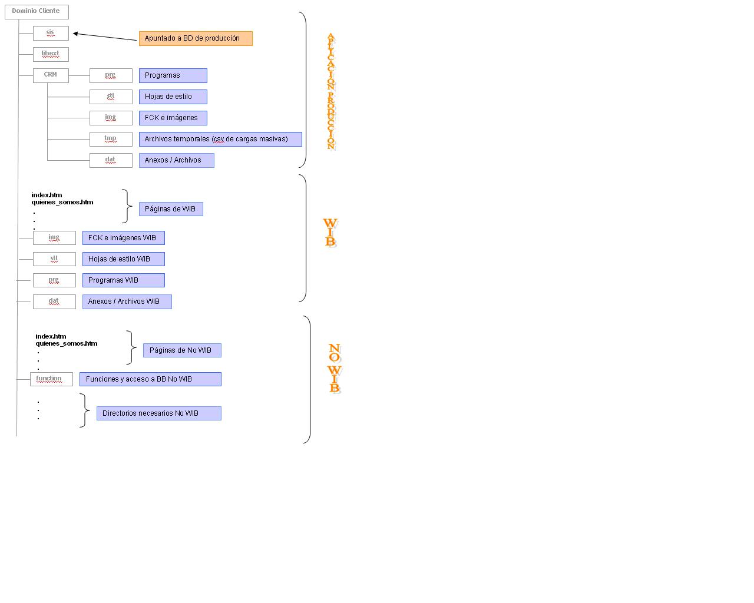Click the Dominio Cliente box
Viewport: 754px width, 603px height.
pos(37,12)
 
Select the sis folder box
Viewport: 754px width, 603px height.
pos(51,34)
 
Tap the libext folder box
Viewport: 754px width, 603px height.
pos(51,54)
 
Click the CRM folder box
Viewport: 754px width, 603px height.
pos(51,75)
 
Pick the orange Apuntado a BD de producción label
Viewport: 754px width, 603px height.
pos(196,38)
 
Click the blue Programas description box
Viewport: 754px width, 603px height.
pos(173,76)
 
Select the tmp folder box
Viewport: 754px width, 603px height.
pos(111,139)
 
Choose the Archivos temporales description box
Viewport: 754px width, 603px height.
pos(220,139)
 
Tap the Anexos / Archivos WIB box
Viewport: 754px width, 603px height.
pos(127,301)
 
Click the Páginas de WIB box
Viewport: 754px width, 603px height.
pos(171,209)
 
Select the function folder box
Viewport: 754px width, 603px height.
pos(51,379)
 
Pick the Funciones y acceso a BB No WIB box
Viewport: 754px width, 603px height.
pos(150,379)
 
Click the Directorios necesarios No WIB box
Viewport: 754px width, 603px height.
pos(158,413)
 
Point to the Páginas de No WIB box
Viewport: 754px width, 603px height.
pos(182,350)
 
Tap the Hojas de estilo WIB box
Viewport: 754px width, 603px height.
pos(123,259)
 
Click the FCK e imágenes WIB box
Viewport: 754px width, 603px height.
pos(123,238)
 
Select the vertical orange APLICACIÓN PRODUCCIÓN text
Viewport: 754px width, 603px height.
pos(331,92)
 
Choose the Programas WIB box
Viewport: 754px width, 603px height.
pos(123,280)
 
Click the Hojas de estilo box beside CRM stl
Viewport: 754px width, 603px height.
pos(173,97)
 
